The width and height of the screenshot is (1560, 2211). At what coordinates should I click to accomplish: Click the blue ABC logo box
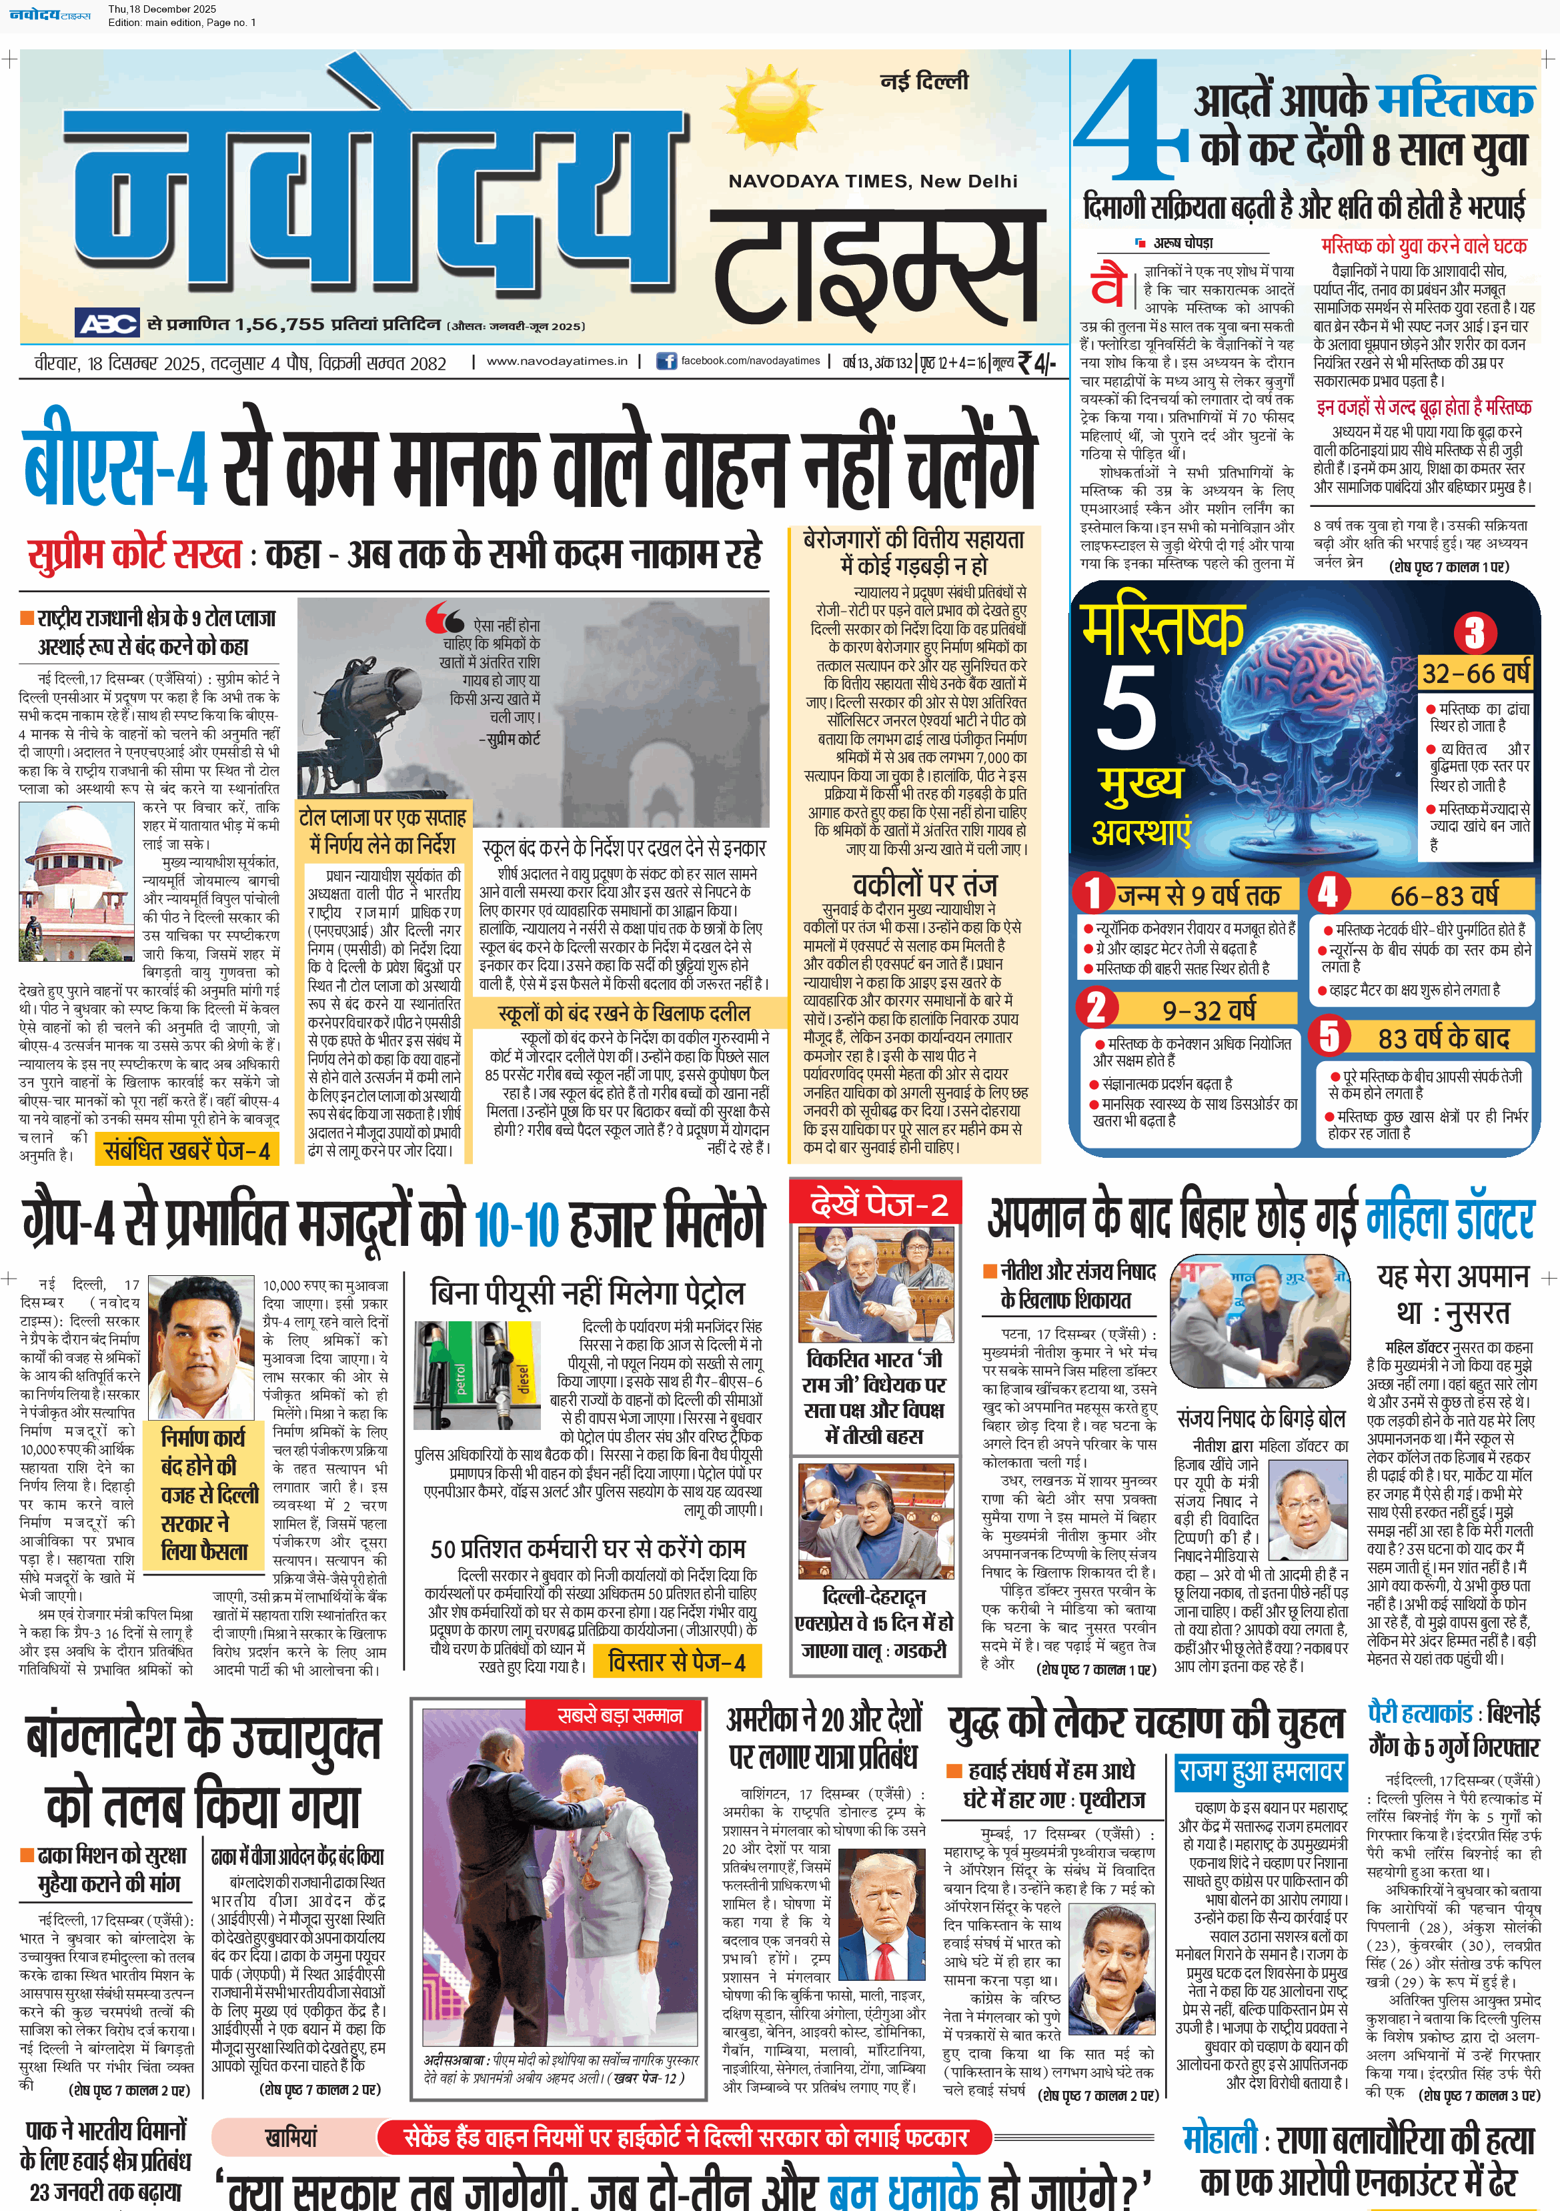coord(109,323)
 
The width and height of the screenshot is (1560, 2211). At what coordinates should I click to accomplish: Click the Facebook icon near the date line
coord(666,361)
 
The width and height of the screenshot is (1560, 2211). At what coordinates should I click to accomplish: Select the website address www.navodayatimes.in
coord(557,361)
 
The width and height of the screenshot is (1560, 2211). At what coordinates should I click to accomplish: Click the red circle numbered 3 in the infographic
coord(1474,633)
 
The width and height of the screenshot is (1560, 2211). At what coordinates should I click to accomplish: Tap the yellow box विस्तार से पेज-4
coord(676,1661)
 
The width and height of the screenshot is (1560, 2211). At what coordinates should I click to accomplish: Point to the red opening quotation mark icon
coord(444,616)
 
